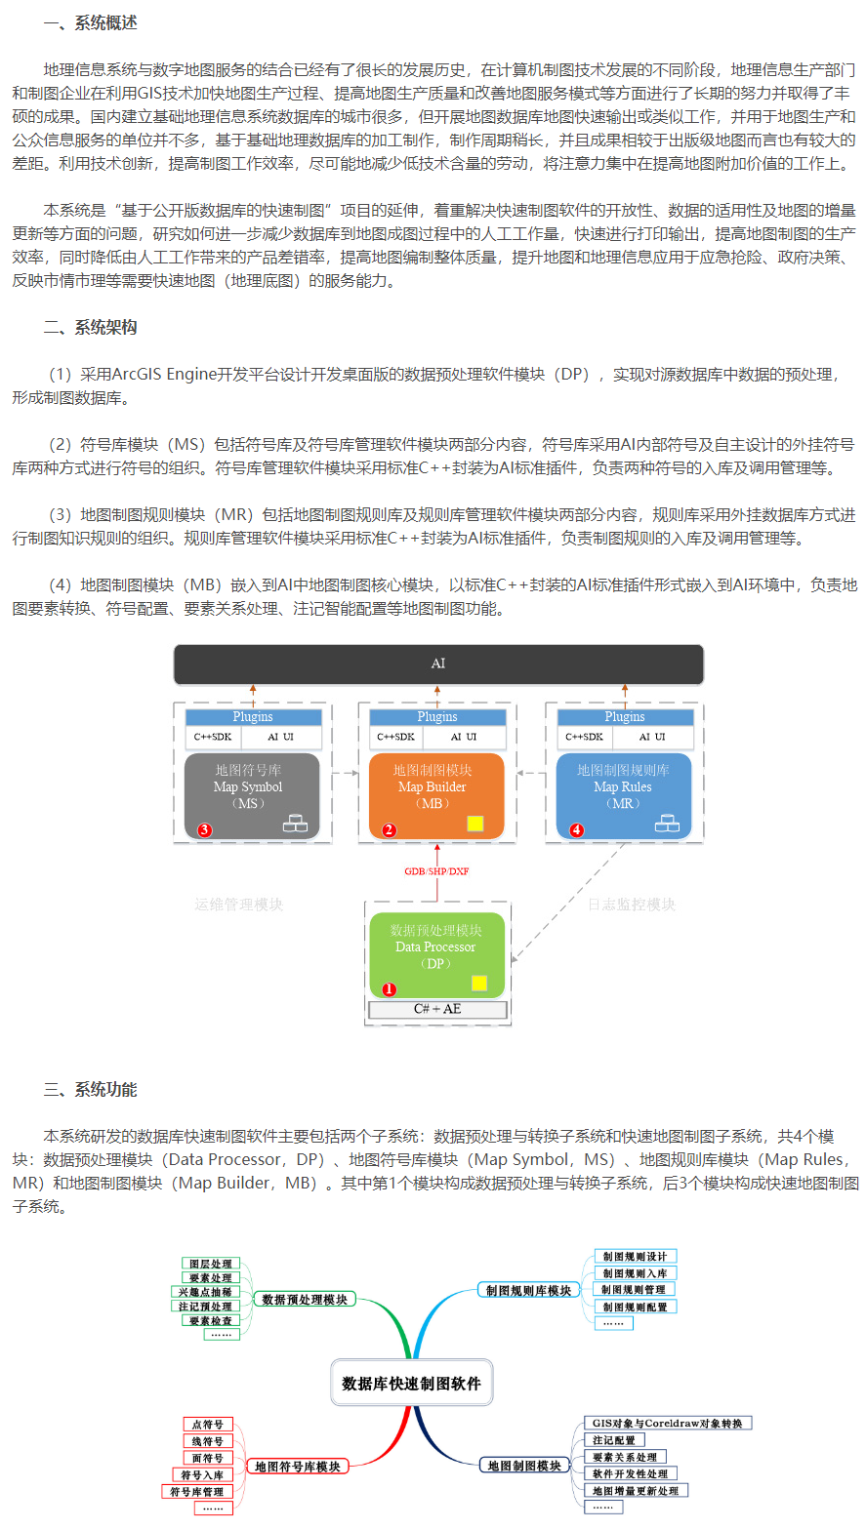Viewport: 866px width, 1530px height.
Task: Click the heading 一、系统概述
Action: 90,23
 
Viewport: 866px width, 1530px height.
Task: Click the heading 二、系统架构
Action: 90,328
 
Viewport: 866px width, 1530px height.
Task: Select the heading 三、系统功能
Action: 90,1090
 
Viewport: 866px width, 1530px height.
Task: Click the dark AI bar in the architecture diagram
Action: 438,664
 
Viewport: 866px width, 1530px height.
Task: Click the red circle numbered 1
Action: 389,988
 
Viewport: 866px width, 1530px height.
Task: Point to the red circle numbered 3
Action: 204,830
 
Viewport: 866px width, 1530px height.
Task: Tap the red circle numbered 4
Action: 576,830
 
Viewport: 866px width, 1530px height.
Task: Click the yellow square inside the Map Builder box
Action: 475,823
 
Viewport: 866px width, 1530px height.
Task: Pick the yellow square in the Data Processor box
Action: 479,983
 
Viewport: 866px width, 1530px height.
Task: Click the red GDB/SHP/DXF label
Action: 437,870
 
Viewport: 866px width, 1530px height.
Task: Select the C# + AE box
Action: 437,1009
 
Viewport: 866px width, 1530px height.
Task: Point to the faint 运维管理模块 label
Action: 239,905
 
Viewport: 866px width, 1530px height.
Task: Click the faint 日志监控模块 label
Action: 631,905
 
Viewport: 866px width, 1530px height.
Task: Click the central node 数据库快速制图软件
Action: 411,1383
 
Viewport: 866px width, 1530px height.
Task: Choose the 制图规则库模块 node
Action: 528,1291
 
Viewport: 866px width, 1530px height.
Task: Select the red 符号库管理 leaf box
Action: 196,1492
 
